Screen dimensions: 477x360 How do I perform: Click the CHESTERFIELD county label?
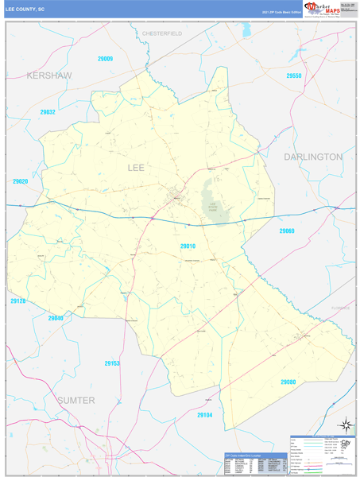tap(162, 34)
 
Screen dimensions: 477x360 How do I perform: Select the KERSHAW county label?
tap(48, 75)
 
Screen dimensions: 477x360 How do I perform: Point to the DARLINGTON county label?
tap(312, 157)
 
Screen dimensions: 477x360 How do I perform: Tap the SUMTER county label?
tap(75, 399)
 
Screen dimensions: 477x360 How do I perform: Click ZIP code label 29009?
tap(105, 59)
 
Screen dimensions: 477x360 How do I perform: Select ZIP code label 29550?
tap(294, 76)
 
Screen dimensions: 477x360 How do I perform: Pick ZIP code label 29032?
tap(48, 112)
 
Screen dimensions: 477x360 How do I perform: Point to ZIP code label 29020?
tap(21, 181)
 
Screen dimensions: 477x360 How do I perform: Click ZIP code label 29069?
tap(287, 231)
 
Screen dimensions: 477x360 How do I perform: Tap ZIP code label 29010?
tap(188, 246)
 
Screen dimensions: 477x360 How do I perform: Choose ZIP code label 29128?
tap(18, 301)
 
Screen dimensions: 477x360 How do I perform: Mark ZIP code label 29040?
tap(56, 318)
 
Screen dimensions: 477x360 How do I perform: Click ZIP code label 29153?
tap(112, 363)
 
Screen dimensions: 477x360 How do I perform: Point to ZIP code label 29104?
tap(205, 415)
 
